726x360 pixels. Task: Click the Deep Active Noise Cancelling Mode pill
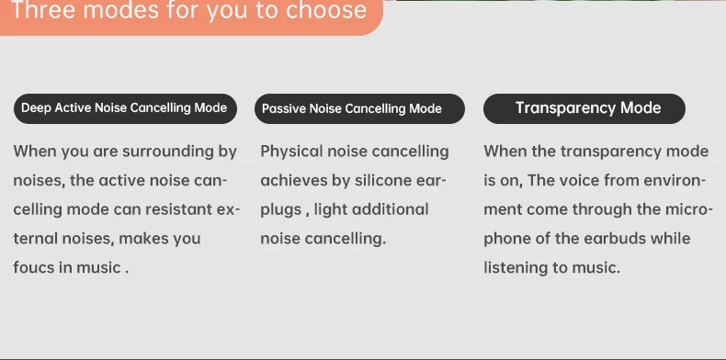[124, 107]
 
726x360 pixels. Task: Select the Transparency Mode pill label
[584, 107]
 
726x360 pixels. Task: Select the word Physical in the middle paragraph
[292, 152]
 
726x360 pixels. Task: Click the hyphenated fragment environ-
[676, 181]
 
